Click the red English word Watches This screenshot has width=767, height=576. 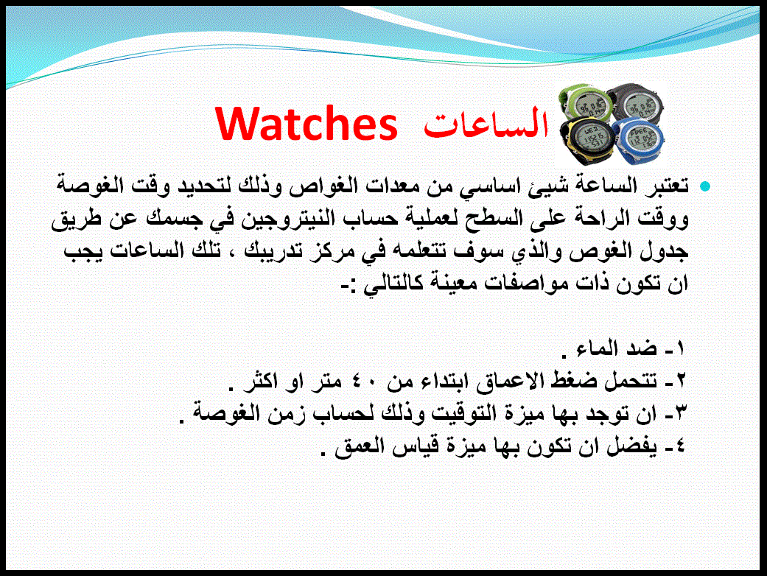click(307, 124)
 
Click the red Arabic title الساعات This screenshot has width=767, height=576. click(486, 123)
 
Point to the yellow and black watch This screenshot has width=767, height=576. click(587, 142)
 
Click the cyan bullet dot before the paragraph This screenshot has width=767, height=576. click(705, 186)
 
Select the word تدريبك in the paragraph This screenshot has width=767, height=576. click(279, 251)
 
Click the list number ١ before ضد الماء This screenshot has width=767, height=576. click(680, 348)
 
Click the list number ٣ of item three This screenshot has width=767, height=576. click(680, 414)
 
